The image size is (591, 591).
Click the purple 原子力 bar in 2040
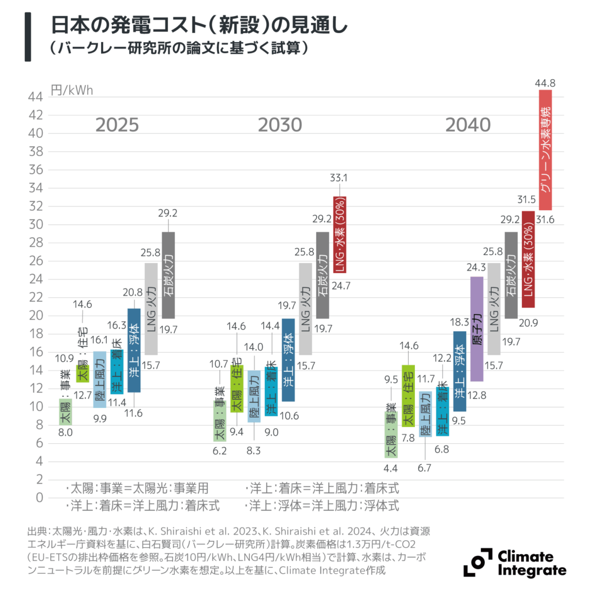coord(477,329)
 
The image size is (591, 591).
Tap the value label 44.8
coord(545,84)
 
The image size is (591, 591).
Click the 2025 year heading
coord(117,125)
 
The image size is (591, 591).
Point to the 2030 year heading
coord(279,125)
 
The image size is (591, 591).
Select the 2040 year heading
coord(468,125)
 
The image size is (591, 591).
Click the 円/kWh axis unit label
coord(72,91)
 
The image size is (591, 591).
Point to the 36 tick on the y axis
coord(36,170)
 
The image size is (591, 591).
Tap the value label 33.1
coord(339,177)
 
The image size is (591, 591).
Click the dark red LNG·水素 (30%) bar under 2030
coord(339,234)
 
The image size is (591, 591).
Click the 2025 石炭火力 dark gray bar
coord(168,275)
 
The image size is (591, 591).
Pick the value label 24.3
coord(477,268)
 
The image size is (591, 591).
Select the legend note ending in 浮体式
coord(323,506)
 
